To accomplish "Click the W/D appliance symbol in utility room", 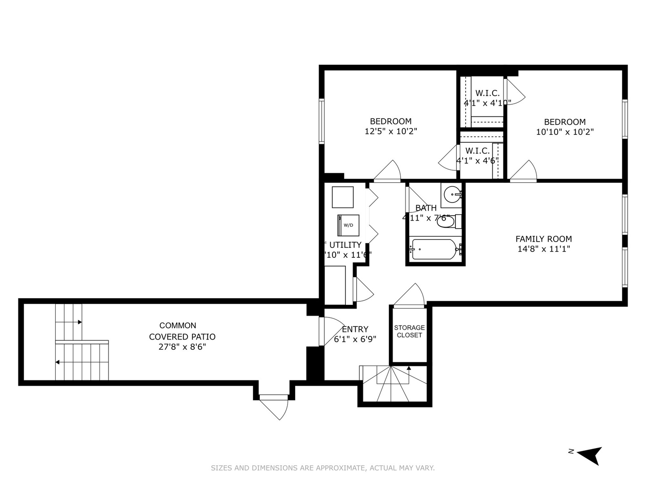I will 348,225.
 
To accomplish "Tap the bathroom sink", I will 452,195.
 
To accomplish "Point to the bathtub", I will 434,249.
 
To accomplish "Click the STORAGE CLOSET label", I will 409,331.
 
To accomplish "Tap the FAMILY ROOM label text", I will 543,239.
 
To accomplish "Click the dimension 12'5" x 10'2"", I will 391,132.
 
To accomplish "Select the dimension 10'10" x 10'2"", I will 565,132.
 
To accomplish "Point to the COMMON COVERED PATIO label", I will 182,331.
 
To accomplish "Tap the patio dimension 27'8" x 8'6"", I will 182,347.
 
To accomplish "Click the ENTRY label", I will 355,329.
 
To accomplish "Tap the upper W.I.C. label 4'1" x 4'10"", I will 487,98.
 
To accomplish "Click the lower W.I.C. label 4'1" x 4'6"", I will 477,155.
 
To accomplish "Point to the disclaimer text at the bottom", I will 323,468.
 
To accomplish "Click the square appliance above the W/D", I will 343,197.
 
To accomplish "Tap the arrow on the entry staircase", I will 409,368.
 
